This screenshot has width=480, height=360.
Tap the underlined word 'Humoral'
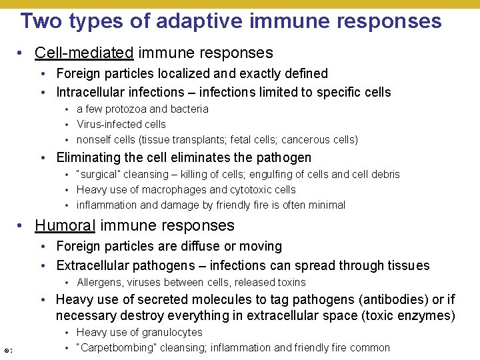[64, 226]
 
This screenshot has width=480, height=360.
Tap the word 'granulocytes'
[171, 332]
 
